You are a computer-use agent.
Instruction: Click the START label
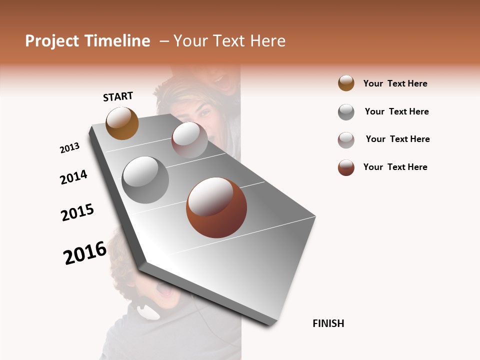pos(118,96)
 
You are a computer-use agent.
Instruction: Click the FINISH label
pos(328,323)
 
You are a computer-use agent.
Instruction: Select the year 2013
pos(69,148)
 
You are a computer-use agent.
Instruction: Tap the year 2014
pos(73,177)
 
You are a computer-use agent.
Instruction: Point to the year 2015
pos(77,212)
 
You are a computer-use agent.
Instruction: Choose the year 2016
pos(85,252)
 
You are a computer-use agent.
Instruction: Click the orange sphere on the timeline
pos(122,123)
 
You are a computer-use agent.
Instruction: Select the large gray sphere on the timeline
pos(145,179)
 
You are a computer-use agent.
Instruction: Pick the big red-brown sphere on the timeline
pos(216,207)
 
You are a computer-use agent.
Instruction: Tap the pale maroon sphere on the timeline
pos(189,140)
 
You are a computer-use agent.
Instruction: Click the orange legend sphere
pos(346,83)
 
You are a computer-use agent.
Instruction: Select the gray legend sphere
pos(346,112)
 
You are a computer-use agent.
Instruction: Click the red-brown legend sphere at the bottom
pos(346,167)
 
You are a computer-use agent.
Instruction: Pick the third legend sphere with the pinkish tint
pos(346,140)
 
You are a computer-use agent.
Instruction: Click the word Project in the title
pos(52,41)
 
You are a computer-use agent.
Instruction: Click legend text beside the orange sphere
pos(395,83)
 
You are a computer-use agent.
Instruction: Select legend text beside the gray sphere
pos(396,111)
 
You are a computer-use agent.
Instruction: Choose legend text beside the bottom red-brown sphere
pos(395,167)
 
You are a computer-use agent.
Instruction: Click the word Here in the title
pos(267,41)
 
